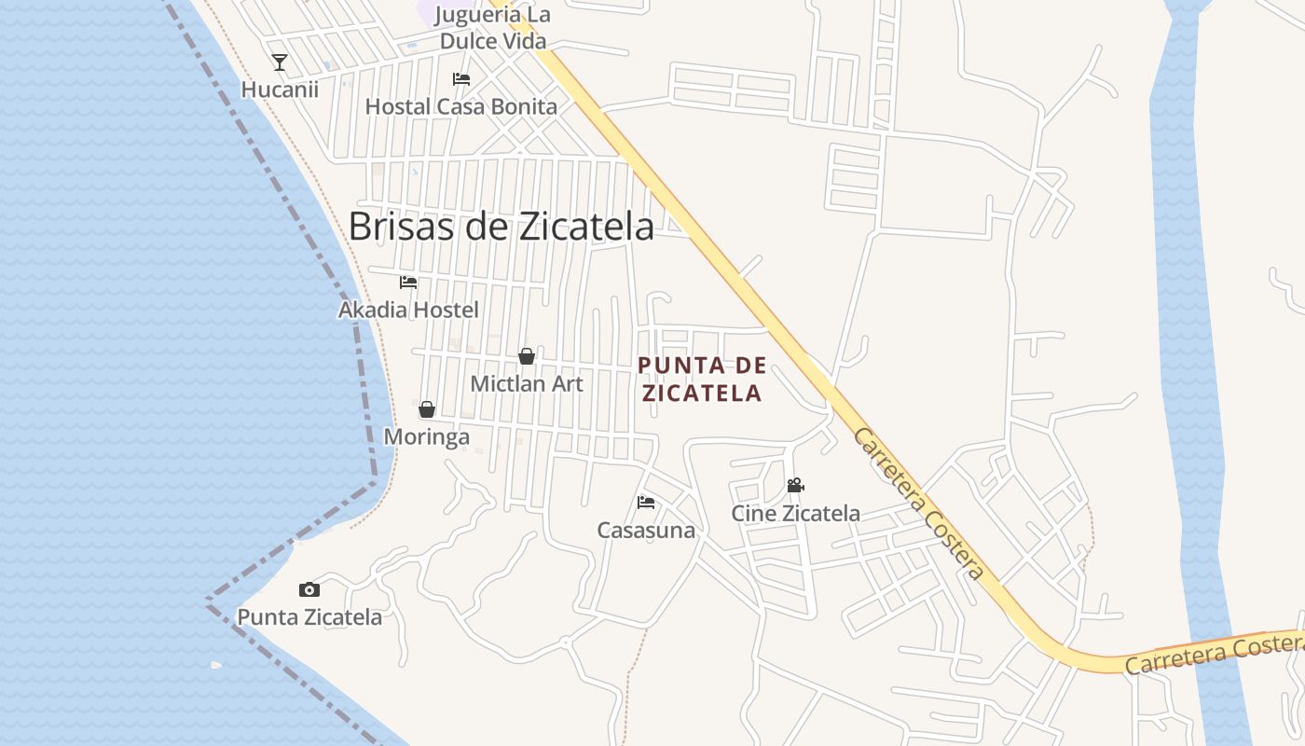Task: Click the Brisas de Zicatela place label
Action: click(x=501, y=226)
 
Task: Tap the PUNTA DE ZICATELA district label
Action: click(x=702, y=379)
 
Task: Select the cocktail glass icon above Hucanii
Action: click(x=279, y=62)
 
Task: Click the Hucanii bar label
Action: click(x=280, y=90)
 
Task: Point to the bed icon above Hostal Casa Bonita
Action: click(x=460, y=79)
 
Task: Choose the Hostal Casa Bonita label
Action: click(x=460, y=106)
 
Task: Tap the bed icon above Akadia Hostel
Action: click(x=408, y=282)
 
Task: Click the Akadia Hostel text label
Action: click(x=408, y=310)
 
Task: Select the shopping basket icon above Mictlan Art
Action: click(x=527, y=356)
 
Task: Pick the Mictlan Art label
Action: click(x=527, y=383)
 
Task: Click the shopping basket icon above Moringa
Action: click(x=427, y=409)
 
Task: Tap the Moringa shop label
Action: click(x=427, y=436)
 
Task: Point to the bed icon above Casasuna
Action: click(x=646, y=503)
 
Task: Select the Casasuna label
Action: click(x=646, y=531)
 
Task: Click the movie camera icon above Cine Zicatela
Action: click(x=795, y=485)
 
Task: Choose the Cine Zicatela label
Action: click(x=795, y=513)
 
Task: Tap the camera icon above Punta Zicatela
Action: click(x=309, y=589)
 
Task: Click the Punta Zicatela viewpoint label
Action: click(x=309, y=617)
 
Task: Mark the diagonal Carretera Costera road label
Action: click(x=918, y=504)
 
